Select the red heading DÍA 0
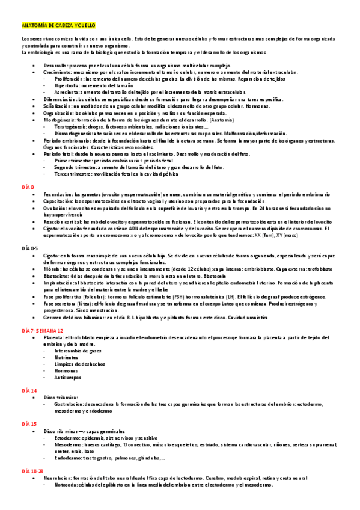click(x=28, y=188)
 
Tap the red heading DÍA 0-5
click(x=30, y=248)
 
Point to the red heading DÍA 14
click(x=29, y=390)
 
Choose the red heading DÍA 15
click(x=29, y=424)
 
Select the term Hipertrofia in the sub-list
click(x=67, y=85)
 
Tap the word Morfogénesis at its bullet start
click(x=59, y=120)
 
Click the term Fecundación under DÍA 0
click(x=58, y=195)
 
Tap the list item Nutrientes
click(x=67, y=357)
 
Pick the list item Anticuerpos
click(x=67, y=378)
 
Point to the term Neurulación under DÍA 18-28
click(x=59, y=477)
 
